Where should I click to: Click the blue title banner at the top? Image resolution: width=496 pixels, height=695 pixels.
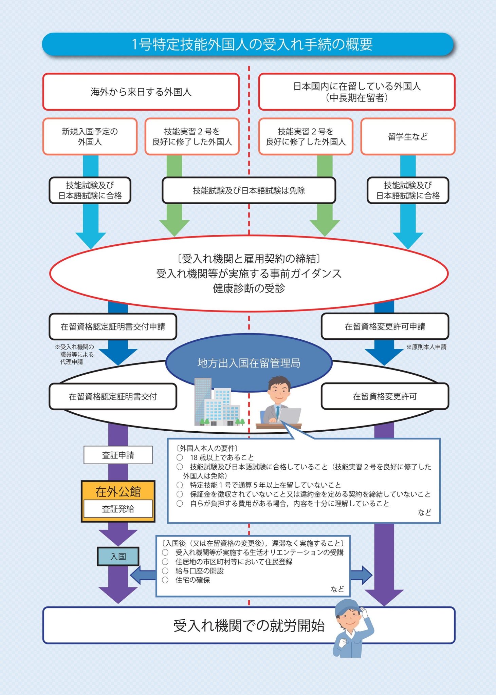[248, 44]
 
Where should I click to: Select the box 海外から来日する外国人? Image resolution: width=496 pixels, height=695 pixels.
[141, 92]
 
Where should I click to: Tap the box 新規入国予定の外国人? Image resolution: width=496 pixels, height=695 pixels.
[90, 136]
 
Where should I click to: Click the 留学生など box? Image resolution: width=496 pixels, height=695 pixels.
[408, 136]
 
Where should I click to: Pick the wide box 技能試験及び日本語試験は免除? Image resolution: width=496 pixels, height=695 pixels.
[249, 190]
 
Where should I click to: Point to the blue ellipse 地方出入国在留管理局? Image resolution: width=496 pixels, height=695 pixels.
[249, 363]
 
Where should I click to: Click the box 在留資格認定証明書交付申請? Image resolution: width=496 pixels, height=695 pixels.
[113, 326]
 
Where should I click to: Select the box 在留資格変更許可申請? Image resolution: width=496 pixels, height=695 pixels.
[385, 326]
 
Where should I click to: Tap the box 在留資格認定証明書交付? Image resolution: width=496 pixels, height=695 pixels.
[113, 396]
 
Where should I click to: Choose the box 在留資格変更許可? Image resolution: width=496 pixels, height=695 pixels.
[385, 396]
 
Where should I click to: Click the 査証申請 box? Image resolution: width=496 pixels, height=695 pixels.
[118, 455]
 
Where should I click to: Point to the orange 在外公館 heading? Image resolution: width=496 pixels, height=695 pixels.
[118, 491]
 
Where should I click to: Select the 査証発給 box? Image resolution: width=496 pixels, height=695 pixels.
[118, 509]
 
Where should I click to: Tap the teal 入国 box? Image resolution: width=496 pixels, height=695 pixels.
[118, 556]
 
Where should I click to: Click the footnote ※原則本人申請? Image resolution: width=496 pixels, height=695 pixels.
[426, 347]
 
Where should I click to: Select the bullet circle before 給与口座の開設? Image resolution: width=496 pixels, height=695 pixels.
[165, 571]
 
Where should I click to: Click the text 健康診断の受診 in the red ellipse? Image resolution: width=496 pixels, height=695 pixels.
[249, 288]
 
